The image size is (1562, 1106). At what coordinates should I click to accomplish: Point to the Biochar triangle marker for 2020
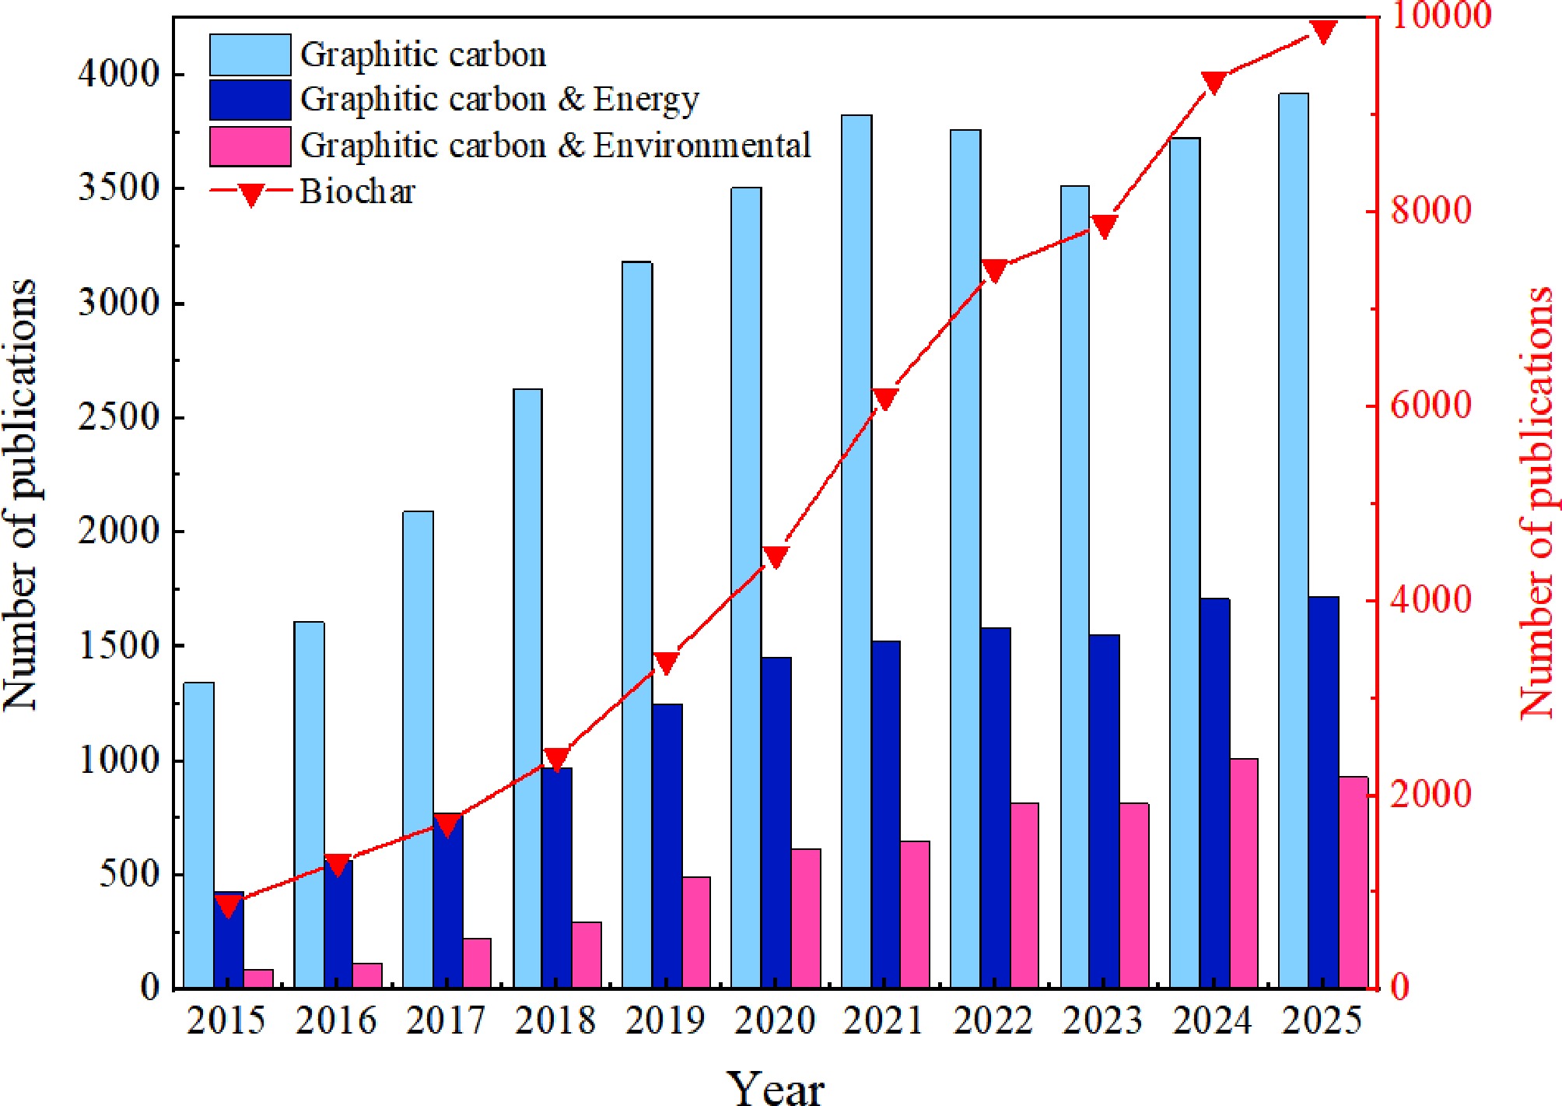[x=776, y=557]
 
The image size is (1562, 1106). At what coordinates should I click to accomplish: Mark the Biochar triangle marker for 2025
[x=1323, y=31]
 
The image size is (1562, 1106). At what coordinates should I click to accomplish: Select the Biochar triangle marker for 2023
[x=1104, y=226]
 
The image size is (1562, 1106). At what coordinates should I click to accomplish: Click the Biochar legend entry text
[x=357, y=191]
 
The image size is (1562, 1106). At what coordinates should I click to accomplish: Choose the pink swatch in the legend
[x=250, y=146]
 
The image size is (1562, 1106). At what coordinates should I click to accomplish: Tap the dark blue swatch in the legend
[x=250, y=100]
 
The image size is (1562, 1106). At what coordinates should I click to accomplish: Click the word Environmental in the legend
[x=702, y=146]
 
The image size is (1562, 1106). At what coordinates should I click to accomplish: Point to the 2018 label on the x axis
[x=555, y=1020]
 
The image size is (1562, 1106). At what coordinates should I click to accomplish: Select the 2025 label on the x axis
[x=1322, y=1020]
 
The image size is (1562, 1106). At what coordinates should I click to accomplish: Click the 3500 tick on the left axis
[x=118, y=188]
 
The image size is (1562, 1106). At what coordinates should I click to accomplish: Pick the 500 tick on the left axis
[x=129, y=874]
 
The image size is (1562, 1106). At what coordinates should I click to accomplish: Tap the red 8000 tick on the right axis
[x=1431, y=210]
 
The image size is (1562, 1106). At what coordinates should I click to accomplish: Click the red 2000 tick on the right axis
[x=1431, y=794]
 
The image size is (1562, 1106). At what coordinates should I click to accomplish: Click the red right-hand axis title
[x=1536, y=502]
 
